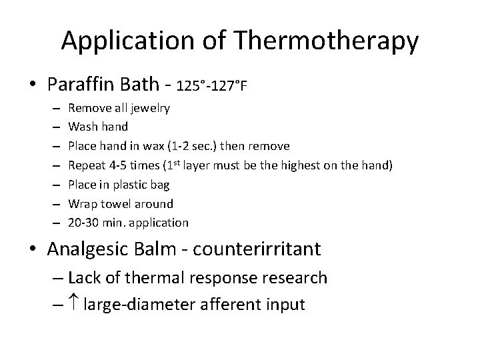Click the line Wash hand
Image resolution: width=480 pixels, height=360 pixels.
[99, 127]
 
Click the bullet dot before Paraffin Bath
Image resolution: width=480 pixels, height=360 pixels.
[33, 85]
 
